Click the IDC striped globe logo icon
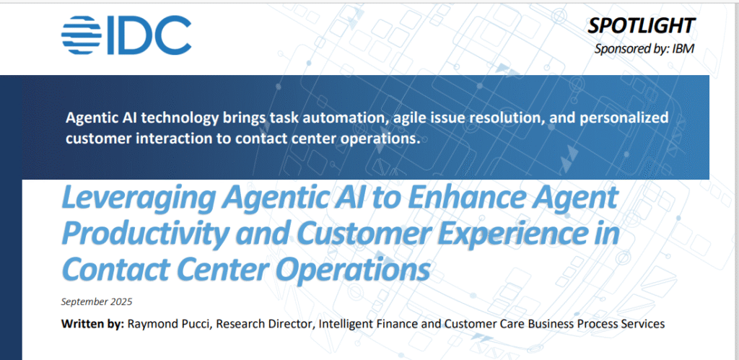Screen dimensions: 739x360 coord(81,35)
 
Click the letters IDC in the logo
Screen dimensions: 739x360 coord(149,35)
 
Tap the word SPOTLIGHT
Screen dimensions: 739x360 coord(641,26)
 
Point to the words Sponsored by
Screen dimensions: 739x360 coord(631,49)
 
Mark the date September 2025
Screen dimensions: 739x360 coord(97,302)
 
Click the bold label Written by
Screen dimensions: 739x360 coord(93,324)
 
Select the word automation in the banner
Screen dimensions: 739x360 coord(341,118)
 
